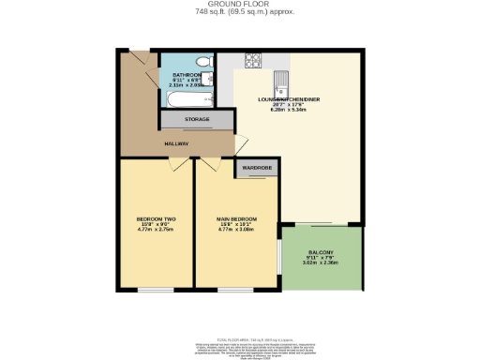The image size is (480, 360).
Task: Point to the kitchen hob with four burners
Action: [253, 64]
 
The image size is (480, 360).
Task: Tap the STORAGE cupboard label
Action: [196, 120]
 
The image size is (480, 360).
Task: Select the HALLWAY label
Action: [177, 143]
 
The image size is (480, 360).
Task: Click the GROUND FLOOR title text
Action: [239, 4]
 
